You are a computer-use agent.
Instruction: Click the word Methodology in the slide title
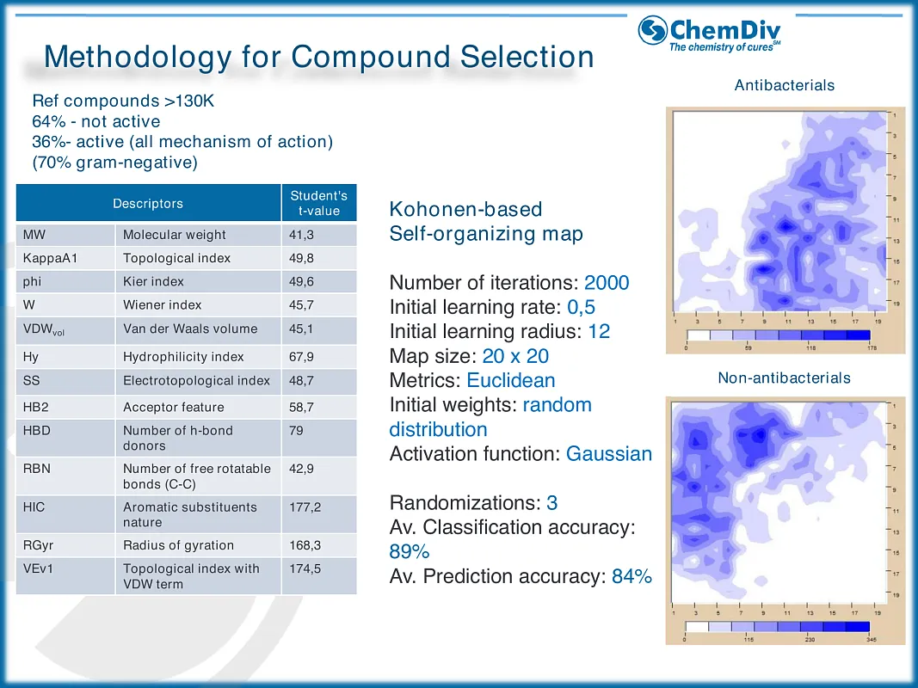click(x=137, y=57)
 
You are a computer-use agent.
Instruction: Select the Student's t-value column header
click(x=318, y=203)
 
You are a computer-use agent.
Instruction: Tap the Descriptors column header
click(x=148, y=204)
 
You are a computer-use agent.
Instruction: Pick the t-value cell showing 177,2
click(x=305, y=507)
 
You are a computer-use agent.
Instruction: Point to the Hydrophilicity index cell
click(x=183, y=356)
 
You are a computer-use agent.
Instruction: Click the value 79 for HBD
click(x=297, y=430)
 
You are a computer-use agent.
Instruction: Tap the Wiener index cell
click(x=162, y=304)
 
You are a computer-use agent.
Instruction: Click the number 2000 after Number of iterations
click(x=607, y=283)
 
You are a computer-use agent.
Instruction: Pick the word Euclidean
click(x=511, y=380)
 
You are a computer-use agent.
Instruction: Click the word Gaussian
click(x=609, y=453)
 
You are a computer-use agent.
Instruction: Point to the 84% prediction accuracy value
click(x=632, y=576)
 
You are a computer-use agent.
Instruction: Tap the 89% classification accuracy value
click(x=409, y=552)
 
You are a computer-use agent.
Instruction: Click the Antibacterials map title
click(x=784, y=85)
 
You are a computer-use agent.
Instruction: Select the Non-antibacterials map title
click(x=784, y=378)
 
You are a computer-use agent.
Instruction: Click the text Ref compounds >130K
click(x=123, y=101)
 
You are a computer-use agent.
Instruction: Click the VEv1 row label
click(x=39, y=568)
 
